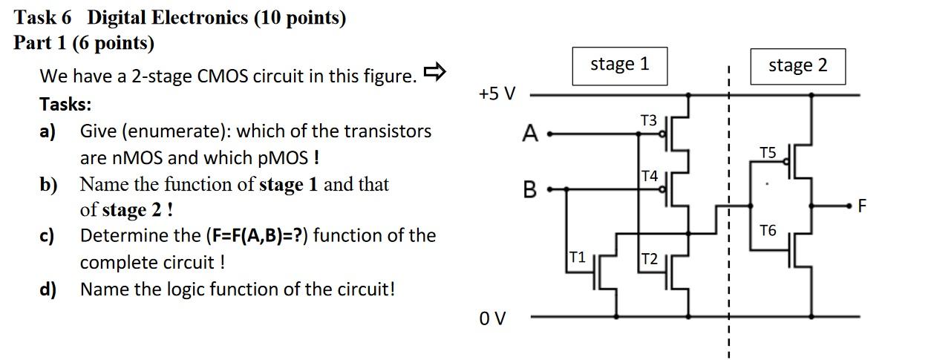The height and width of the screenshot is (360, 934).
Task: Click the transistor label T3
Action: [x=648, y=120]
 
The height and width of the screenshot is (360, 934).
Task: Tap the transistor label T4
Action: [x=650, y=176]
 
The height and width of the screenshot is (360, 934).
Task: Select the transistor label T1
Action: [x=578, y=257]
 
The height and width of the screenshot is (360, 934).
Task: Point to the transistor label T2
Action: [x=650, y=258]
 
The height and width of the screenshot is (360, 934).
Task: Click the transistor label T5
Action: [x=768, y=153]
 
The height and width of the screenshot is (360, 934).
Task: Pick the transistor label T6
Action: [x=768, y=231]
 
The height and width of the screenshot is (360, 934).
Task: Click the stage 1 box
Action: [x=619, y=65]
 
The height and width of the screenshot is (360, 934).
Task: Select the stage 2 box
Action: [x=797, y=65]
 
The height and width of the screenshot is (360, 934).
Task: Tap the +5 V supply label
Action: [x=497, y=94]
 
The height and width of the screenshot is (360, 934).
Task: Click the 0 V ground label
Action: [x=492, y=318]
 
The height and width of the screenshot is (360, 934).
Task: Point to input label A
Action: [x=529, y=134]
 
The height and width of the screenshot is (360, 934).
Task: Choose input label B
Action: [x=529, y=189]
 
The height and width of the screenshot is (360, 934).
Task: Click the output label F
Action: [x=862, y=206]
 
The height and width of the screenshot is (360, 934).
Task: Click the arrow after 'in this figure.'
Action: [x=434, y=72]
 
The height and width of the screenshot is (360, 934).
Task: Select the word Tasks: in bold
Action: [x=65, y=104]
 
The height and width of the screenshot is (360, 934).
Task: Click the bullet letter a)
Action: [x=48, y=131]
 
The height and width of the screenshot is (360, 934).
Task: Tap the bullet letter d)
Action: [x=48, y=289]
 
